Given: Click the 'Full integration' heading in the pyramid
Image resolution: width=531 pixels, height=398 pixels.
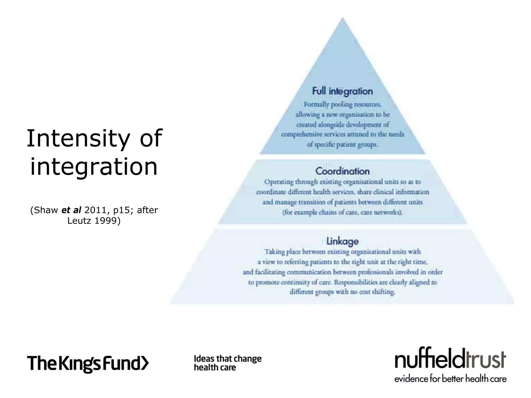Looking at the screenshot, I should click(x=342, y=91).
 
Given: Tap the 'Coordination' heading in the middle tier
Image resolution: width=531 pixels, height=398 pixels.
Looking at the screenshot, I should click(x=342, y=171).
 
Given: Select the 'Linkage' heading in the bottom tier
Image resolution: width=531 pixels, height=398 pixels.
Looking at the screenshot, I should click(x=342, y=241).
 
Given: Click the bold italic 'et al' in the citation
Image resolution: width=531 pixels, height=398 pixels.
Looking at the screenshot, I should click(x=71, y=210).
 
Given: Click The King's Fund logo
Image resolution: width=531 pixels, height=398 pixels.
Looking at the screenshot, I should click(x=88, y=363).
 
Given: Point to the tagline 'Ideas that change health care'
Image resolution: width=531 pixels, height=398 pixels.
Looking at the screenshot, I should click(x=228, y=363).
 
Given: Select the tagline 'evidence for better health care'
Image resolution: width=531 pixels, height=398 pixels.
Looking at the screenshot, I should click(x=450, y=379).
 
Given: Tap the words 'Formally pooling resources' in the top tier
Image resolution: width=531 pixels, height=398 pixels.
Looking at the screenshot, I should click(x=342, y=104).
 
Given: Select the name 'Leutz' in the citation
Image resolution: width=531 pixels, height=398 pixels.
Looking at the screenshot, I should click(x=79, y=221).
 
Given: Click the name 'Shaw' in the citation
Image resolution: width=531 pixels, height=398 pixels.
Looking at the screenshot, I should click(x=46, y=210).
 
